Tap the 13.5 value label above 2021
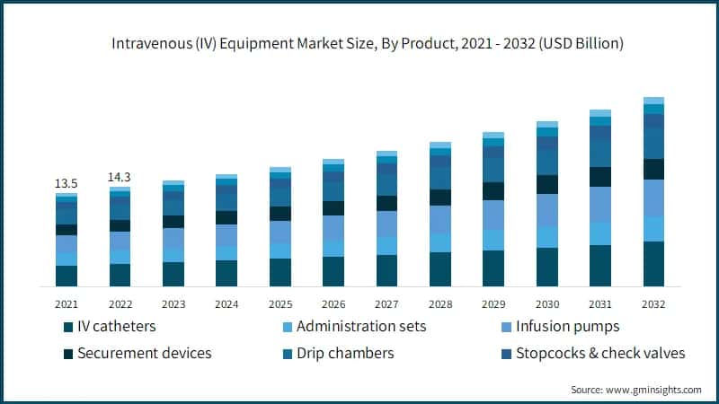click(x=66, y=183)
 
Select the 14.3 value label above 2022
click(x=120, y=177)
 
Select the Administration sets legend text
click(x=360, y=326)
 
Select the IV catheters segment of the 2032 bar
click(x=653, y=264)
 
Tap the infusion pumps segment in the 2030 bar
click(x=546, y=210)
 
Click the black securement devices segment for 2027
click(x=386, y=203)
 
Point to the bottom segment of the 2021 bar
click(x=66, y=276)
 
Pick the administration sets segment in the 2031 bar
click(x=600, y=233)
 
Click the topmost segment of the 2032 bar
click(x=653, y=101)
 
